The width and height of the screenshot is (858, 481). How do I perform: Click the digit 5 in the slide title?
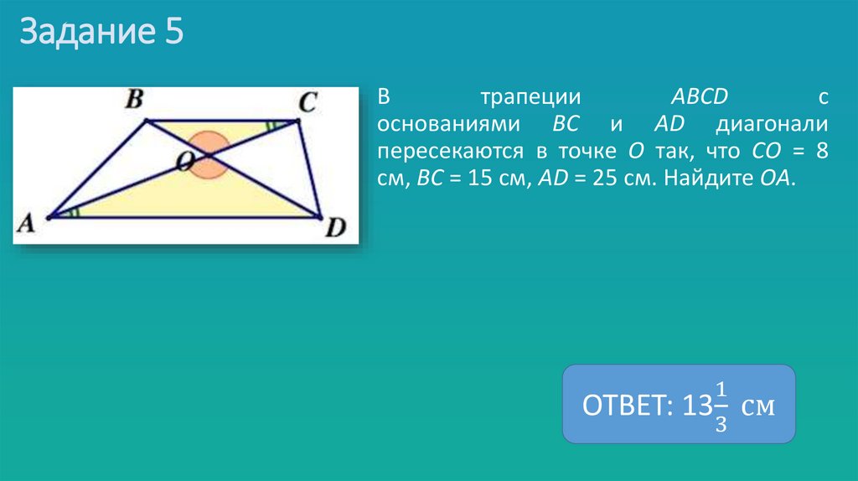point(172,34)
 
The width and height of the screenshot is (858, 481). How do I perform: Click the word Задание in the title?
point(84,34)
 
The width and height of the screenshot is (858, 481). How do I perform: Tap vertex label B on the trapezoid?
point(134,101)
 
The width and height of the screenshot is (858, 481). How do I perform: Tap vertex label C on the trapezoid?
point(308,103)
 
